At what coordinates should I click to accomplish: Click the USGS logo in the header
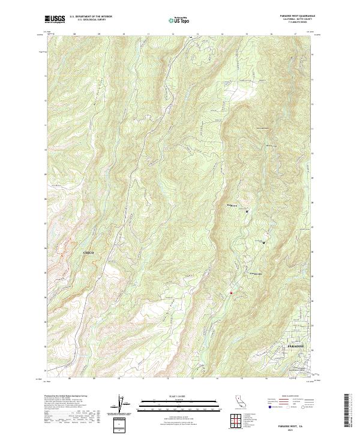click(x=55, y=19)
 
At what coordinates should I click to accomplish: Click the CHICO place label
click(x=88, y=254)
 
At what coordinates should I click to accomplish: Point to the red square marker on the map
click(x=230, y=293)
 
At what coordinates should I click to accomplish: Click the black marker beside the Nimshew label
click(x=247, y=211)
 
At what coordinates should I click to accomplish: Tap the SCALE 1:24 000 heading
click(x=172, y=397)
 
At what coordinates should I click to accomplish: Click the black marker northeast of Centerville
click(x=264, y=242)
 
